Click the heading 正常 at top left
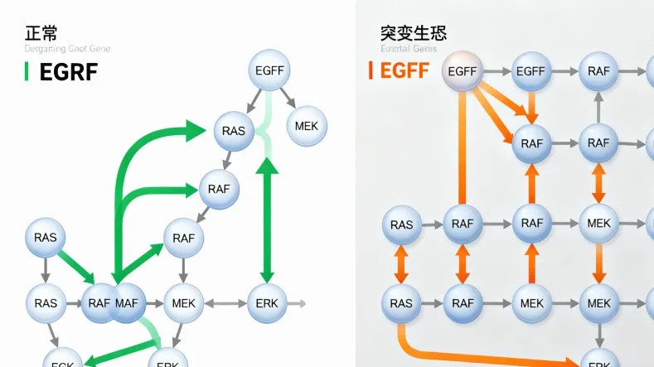(x=41, y=34)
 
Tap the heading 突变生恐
(x=414, y=34)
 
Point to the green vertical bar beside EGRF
(x=27, y=72)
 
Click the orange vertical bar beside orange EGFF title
(x=370, y=71)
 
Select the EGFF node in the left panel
(x=270, y=71)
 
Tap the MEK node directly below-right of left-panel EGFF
(x=307, y=126)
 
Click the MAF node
(x=127, y=303)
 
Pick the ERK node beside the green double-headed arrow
(x=268, y=303)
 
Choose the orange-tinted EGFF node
(x=463, y=71)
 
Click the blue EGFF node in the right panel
(x=530, y=71)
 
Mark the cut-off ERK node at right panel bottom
(x=598, y=360)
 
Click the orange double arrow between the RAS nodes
(x=401, y=263)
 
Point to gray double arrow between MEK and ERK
(x=225, y=303)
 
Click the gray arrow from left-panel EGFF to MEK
(x=288, y=98)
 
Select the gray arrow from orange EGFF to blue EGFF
(x=496, y=71)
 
